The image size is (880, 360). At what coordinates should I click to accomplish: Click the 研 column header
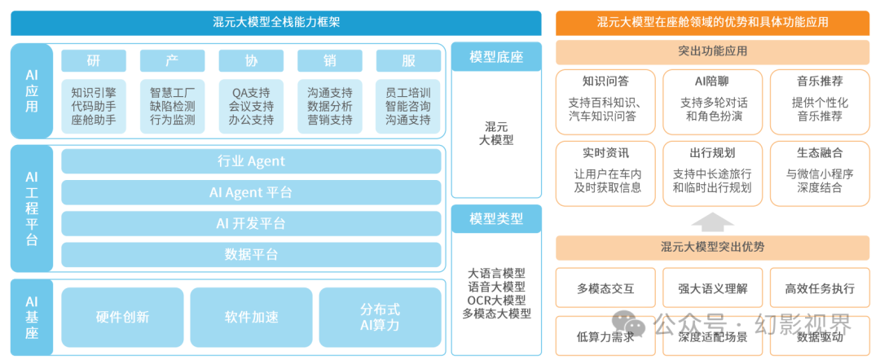94,61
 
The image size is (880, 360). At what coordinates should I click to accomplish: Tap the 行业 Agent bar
252,161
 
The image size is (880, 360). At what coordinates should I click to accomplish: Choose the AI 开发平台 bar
252,223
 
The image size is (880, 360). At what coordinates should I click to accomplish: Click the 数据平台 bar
252,254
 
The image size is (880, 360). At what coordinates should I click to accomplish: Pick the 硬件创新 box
122,317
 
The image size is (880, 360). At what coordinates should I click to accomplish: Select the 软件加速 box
251,317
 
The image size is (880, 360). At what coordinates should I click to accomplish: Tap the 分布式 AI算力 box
380,317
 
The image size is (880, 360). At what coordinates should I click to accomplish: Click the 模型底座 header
496,56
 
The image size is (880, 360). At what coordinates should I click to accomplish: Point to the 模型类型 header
496,218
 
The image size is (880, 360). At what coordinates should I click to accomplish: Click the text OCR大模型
496,299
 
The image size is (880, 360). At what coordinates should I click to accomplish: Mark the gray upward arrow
712,222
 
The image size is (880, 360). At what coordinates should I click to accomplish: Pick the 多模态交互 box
605,288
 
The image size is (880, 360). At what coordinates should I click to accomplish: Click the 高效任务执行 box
820,288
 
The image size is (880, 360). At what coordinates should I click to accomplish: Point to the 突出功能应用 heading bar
712,51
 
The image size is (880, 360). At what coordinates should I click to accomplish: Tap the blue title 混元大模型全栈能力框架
276,23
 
